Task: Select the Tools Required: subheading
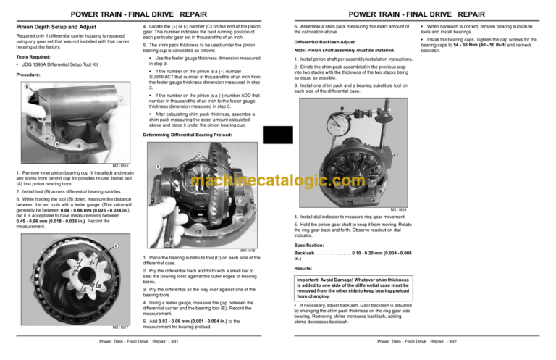[30, 56]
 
